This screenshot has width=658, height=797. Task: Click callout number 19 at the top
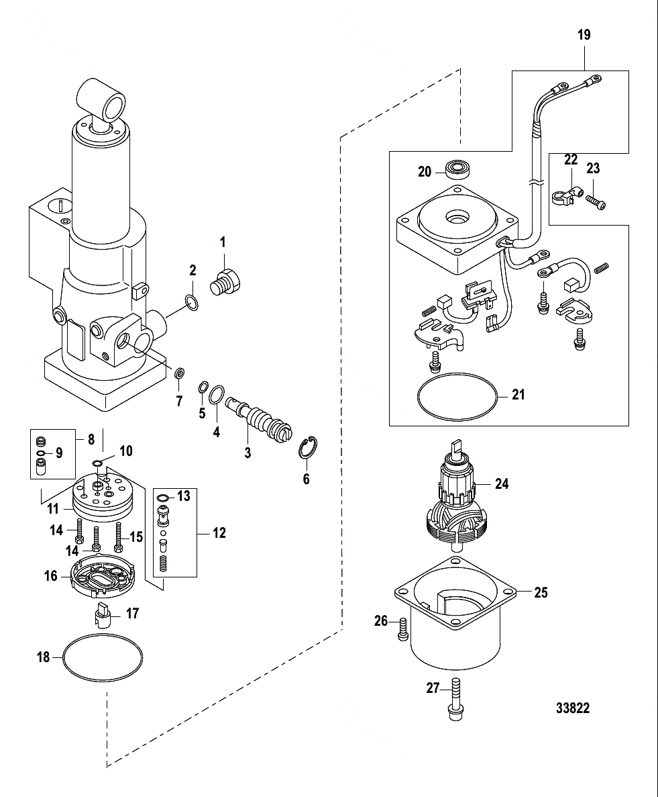tap(584, 35)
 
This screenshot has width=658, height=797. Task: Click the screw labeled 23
tap(596, 199)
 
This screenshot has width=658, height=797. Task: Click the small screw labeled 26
tap(403, 628)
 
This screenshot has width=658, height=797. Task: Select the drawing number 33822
tap(572, 709)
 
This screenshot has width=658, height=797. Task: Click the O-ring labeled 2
tap(190, 303)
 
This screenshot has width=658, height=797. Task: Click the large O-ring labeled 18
tap(103, 657)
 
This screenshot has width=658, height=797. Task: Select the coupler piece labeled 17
tap(104, 614)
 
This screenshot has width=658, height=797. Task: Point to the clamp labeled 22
tap(563, 195)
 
